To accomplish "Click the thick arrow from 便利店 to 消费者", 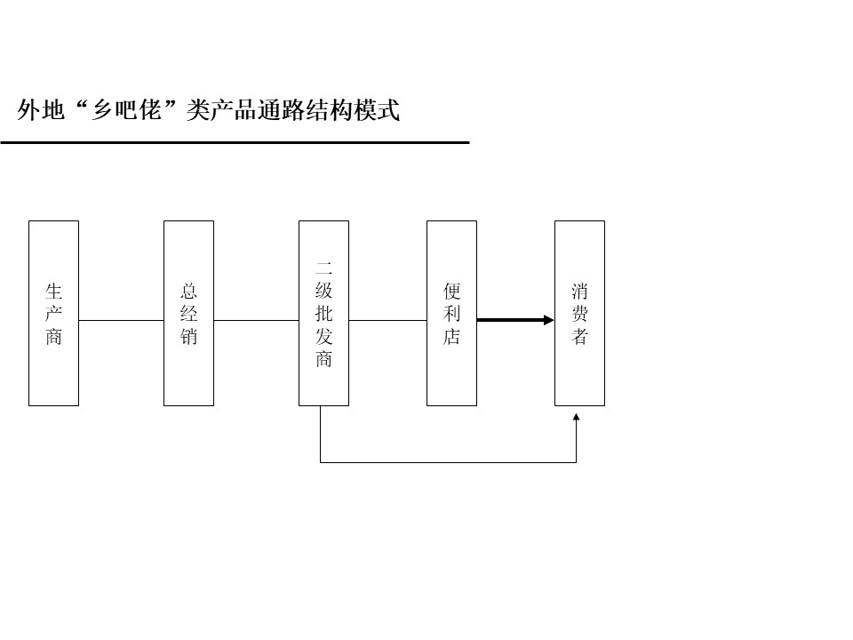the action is coord(515,320).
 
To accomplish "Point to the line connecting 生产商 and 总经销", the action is coord(122,320).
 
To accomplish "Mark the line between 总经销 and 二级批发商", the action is coord(256,320).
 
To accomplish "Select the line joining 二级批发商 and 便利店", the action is coord(388,320).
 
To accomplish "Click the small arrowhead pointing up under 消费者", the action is coord(576,417).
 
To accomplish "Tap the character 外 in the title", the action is coord(28,110).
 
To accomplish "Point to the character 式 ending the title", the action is coord(388,110).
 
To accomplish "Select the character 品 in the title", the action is coord(245,110).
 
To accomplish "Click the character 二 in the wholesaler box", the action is coord(323,268).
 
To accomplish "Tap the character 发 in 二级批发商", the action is coord(323,336).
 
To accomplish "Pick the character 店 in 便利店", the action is coord(451,336).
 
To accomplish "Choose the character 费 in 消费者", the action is coord(579,314).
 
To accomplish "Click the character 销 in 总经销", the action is coord(188,336).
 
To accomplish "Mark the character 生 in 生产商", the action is coord(54,291).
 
